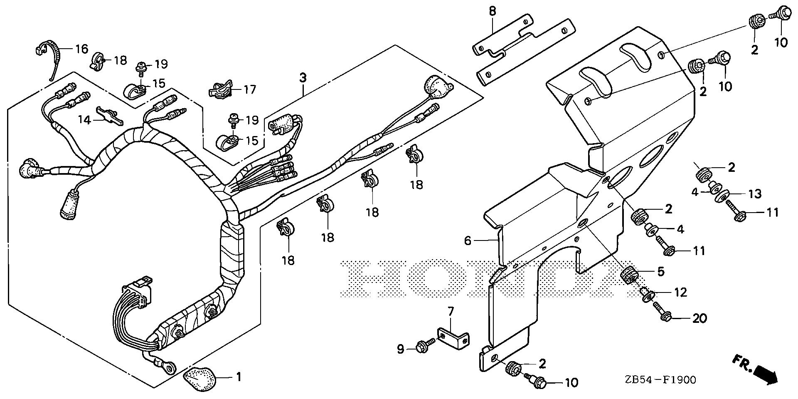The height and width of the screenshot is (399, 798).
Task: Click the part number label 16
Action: point(81,50)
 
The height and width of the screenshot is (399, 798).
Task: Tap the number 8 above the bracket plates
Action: point(492,12)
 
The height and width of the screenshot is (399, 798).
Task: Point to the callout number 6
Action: point(468,240)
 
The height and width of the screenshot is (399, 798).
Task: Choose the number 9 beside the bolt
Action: point(400,349)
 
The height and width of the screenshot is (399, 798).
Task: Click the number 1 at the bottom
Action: point(239,378)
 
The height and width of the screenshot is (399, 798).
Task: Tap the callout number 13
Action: point(755,193)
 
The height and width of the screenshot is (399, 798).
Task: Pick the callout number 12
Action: point(680,292)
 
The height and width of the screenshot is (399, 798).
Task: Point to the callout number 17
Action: point(250,89)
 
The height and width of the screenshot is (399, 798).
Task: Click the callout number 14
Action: point(84,120)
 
